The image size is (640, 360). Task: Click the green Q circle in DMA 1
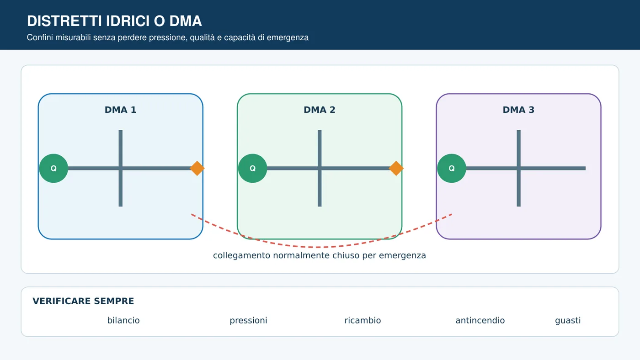point(53,169)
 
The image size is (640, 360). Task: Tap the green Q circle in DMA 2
point(252,169)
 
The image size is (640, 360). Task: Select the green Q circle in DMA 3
point(452,169)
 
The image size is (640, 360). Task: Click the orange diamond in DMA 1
point(197,169)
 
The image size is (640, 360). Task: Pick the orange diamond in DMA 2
point(396,169)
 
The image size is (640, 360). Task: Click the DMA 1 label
point(120,110)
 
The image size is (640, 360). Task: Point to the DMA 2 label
point(320,110)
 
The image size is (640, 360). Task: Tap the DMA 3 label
point(518,110)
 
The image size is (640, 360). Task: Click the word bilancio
point(123,321)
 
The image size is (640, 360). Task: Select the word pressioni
point(249,321)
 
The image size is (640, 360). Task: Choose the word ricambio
point(363,321)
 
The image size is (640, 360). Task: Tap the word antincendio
point(480,321)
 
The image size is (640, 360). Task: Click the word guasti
point(568,321)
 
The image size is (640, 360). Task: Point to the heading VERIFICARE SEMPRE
point(83,301)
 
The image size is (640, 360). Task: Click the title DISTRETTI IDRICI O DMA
point(114,21)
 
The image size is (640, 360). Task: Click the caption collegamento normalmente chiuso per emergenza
point(320,255)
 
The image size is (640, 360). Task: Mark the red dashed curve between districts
point(320,247)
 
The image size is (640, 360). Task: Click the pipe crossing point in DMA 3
point(518,169)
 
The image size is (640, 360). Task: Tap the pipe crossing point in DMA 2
point(320,169)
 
